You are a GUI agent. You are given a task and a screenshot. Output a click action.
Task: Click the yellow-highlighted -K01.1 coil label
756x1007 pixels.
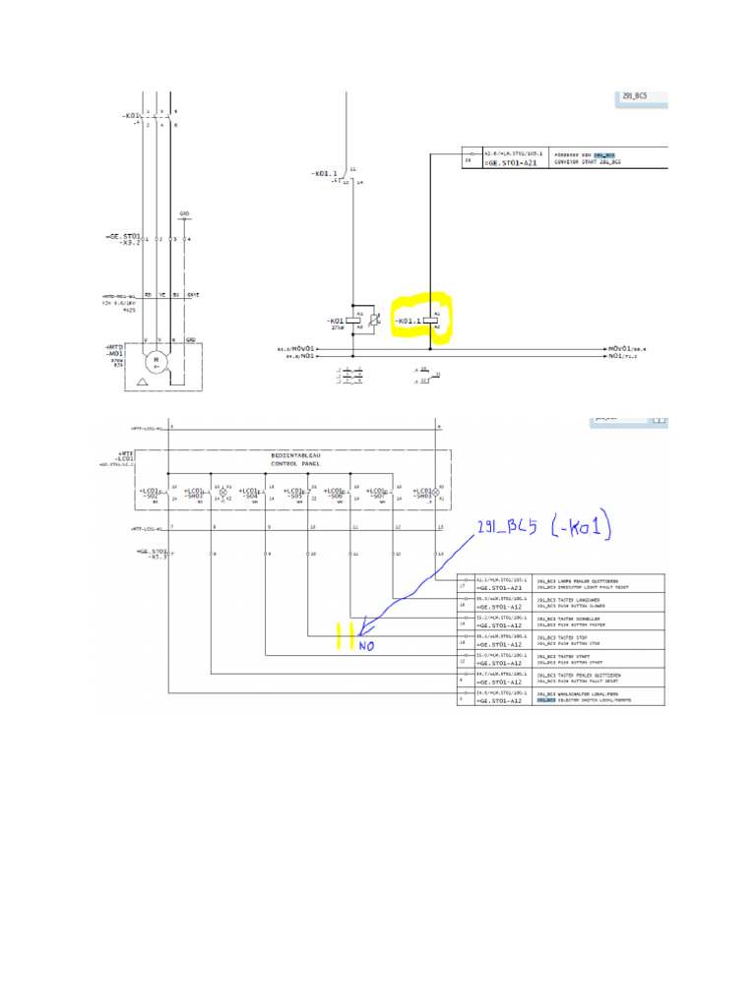[407, 322]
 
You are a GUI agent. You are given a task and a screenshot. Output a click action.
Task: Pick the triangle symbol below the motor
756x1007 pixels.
[145, 380]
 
